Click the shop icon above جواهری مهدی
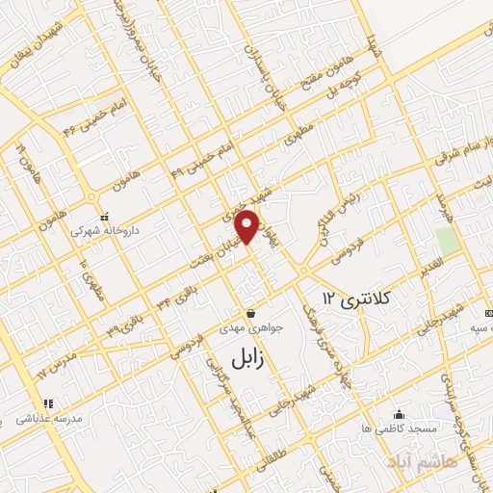coord(250,313)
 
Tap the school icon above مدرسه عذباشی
coord(45,403)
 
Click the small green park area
coord(447,240)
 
